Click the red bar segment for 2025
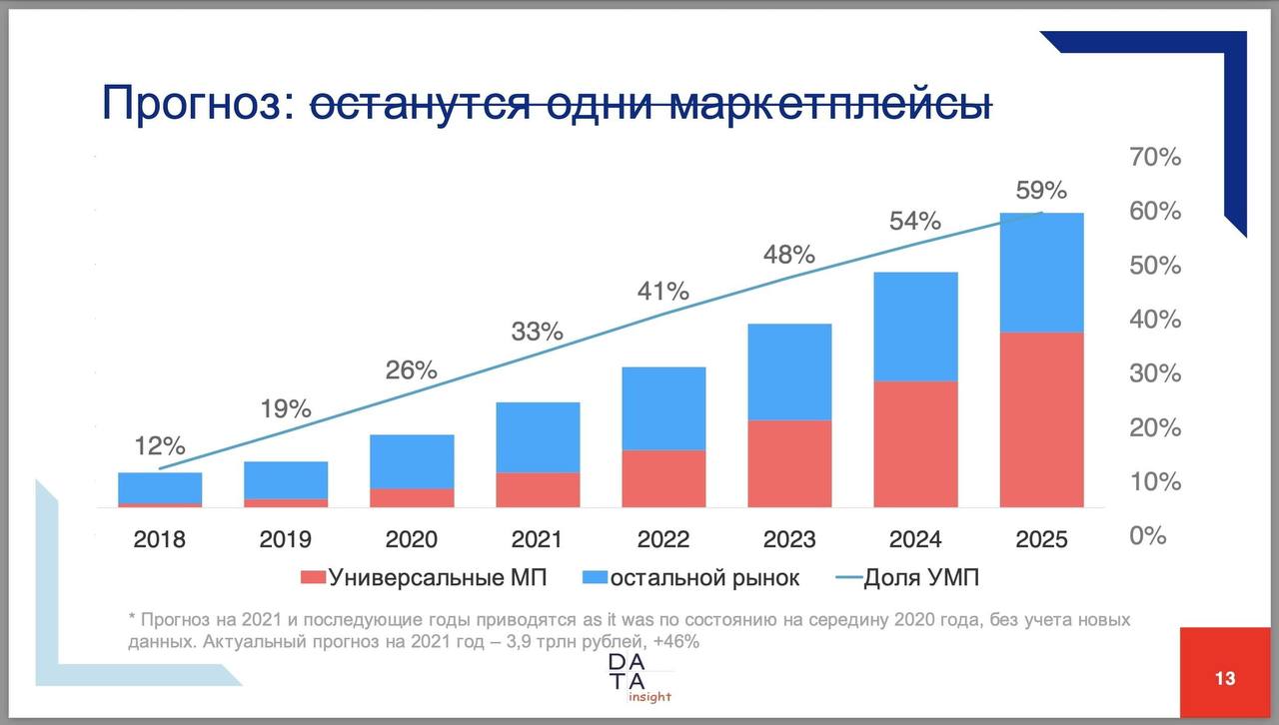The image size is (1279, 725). tap(1041, 419)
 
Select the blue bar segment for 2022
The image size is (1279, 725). tap(663, 408)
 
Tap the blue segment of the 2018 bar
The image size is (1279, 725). tap(160, 487)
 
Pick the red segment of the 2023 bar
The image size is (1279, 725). tap(789, 463)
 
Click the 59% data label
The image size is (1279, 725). tap(1041, 190)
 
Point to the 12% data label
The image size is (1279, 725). tap(160, 444)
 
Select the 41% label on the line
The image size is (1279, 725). tap(663, 292)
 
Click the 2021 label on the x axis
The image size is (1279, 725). tap(538, 539)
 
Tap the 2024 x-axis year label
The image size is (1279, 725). tap(915, 539)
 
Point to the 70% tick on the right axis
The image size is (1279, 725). tap(1155, 157)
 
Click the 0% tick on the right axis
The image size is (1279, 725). tap(1148, 535)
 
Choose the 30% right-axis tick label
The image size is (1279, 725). tap(1155, 373)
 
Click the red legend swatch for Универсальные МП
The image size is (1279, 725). tap(313, 577)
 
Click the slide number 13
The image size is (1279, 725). tap(1225, 679)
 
